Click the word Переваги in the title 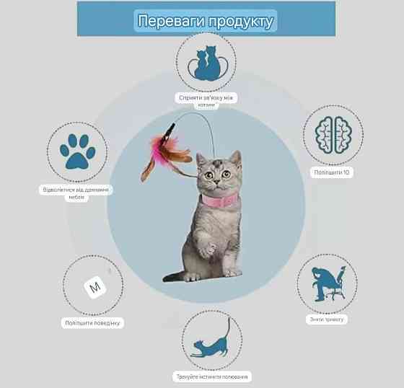point(172,21)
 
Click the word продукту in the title point(241,22)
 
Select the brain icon point(333,135)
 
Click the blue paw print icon point(77,151)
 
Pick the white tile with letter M point(95,287)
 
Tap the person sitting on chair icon point(328,283)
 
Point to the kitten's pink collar point(220,201)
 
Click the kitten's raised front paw point(208,250)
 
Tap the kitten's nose point(217,182)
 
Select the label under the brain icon point(332,172)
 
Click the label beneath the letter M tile point(92,323)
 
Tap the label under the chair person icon point(327,319)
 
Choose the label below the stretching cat point(212,377)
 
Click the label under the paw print point(76,193)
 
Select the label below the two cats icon point(206,101)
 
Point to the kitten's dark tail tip point(170,277)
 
